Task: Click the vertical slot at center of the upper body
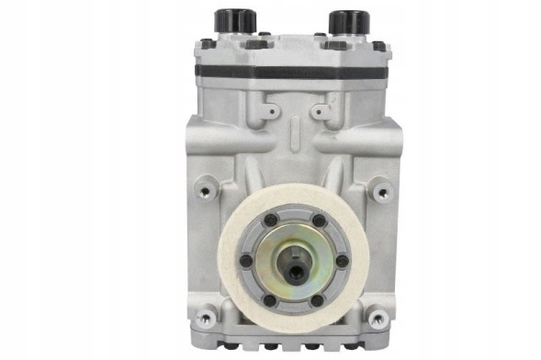[x=286, y=138]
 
